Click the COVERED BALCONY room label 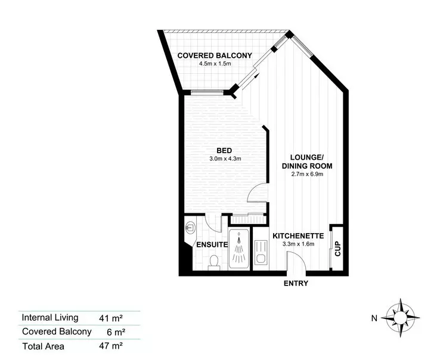[215, 56]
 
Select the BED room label [224, 150]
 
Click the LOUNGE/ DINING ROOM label [307, 162]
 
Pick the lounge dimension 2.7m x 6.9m [307, 175]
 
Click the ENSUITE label [212, 245]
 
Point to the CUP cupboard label [337, 247]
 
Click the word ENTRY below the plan [296, 283]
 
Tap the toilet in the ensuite [213, 262]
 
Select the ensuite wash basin [190, 228]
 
